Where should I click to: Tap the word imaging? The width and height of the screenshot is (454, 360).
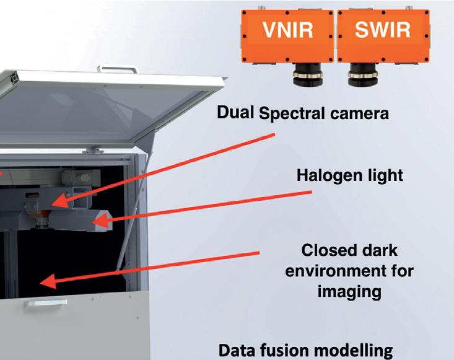[349, 291]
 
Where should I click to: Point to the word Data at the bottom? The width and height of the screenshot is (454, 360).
[238, 351]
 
